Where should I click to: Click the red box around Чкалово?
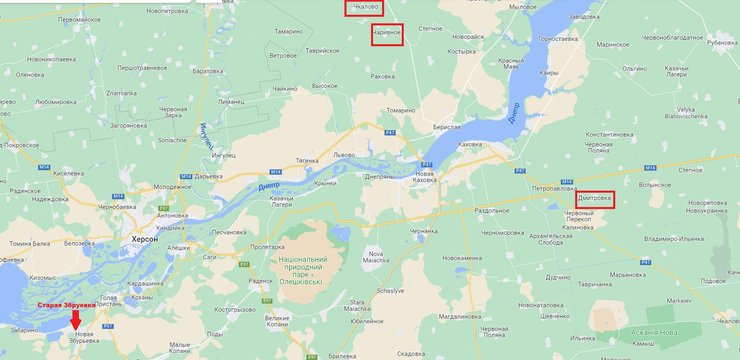point(362,7)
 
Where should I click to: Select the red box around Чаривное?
point(386,34)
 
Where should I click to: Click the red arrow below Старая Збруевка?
point(78,320)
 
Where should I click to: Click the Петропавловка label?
point(557,187)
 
